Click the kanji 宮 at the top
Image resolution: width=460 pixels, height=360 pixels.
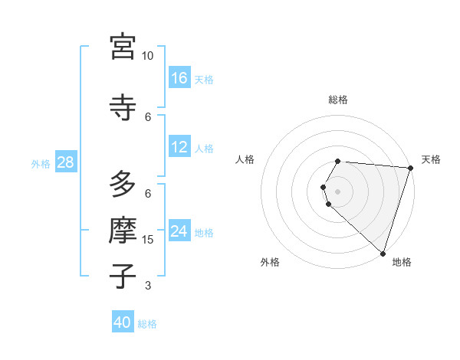[123, 47]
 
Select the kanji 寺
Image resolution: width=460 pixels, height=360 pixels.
[123, 106]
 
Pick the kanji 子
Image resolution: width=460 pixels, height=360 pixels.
[123, 276]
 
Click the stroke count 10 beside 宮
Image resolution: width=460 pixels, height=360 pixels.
[148, 56]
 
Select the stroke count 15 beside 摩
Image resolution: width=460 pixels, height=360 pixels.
[148, 240]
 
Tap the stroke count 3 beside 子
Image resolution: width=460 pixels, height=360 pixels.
[148, 286]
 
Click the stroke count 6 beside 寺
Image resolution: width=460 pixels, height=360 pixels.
[148, 116]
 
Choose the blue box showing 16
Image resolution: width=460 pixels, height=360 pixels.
[179, 77]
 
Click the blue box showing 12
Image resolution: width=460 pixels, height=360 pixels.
[179, 147]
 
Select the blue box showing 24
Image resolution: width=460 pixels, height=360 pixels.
[179, 231]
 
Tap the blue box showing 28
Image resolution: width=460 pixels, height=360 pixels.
[65, 162]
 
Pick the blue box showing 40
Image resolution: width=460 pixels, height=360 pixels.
[123, 323]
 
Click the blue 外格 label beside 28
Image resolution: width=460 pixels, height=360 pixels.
[40, 163]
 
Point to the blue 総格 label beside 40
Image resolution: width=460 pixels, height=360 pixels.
[147, 324]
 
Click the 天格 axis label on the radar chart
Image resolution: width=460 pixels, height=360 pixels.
[431, 159]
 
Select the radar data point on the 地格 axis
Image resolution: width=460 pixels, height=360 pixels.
[383, 253]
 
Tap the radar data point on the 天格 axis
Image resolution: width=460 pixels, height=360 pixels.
[410, 168]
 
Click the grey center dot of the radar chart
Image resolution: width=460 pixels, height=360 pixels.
[338, 191]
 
